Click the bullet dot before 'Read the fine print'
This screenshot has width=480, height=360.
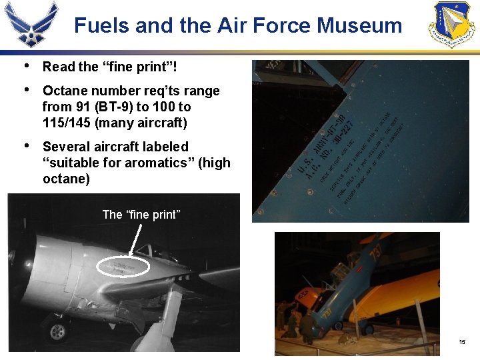coord(25,65)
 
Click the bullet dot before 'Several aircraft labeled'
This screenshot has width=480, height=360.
coord(25,146)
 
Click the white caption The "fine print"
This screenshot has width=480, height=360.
coord(141,215)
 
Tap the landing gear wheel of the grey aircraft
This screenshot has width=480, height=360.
coord(57,331)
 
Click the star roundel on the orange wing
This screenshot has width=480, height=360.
coord(308,295)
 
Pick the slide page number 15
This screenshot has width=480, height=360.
coord(461,342)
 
